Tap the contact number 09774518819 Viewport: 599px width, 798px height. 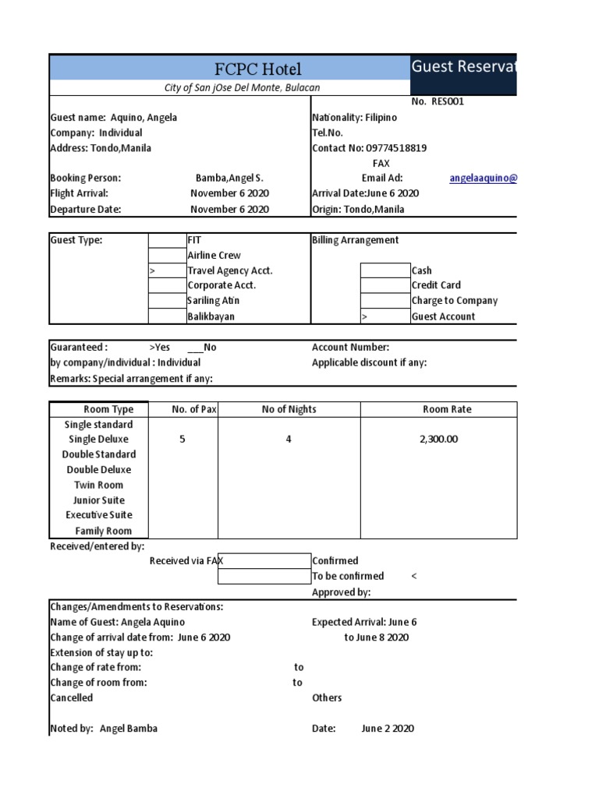point(397,148)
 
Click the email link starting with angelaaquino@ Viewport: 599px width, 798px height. point(483,178)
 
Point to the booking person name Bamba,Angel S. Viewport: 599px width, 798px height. point(229,178)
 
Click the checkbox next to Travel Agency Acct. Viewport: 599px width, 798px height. point(167,270)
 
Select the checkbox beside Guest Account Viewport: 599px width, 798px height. point(385,316)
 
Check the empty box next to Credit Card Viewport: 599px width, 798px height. point(385,286)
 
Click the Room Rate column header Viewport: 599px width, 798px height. point(447,409)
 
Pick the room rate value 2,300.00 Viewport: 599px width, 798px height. point(438,440)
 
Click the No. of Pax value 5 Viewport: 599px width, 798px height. point(183,440)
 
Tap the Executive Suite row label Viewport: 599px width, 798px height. point(98,515)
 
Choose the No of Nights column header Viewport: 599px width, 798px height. point(289,409)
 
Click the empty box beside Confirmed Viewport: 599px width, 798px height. point(264,561)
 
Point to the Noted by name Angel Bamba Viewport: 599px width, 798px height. point(129,729)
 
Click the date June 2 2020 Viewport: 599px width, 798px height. point(388,729)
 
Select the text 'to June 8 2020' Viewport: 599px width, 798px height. point(376,637)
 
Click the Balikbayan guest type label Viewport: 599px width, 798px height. point(211,316)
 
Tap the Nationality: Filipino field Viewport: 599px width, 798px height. point(354,118)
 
